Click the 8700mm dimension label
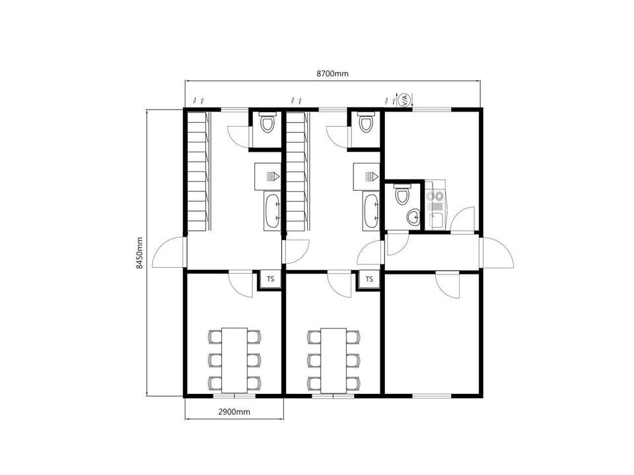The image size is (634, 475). click(x=332, y=73)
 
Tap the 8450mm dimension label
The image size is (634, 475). click(x=139, y=253)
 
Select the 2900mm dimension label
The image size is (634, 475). click(x=234, y=412)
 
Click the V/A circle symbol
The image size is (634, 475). click(x=405, y=100)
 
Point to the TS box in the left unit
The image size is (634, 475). click(x=271, y=278)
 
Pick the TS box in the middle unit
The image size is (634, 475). click(x=369, y=278)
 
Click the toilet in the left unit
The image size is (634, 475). click(x=267, y=123)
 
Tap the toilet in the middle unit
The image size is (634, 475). click(x=365, y=123)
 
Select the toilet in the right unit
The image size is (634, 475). click(x=402, y=194)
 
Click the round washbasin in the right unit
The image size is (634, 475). click(x=413, y=217)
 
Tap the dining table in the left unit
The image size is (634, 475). click(x=234, y=360)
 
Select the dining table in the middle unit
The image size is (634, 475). click(x=334, y=360)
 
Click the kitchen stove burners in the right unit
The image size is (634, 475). click(x=435, y=197)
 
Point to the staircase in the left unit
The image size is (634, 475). click(x=199, y=172)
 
